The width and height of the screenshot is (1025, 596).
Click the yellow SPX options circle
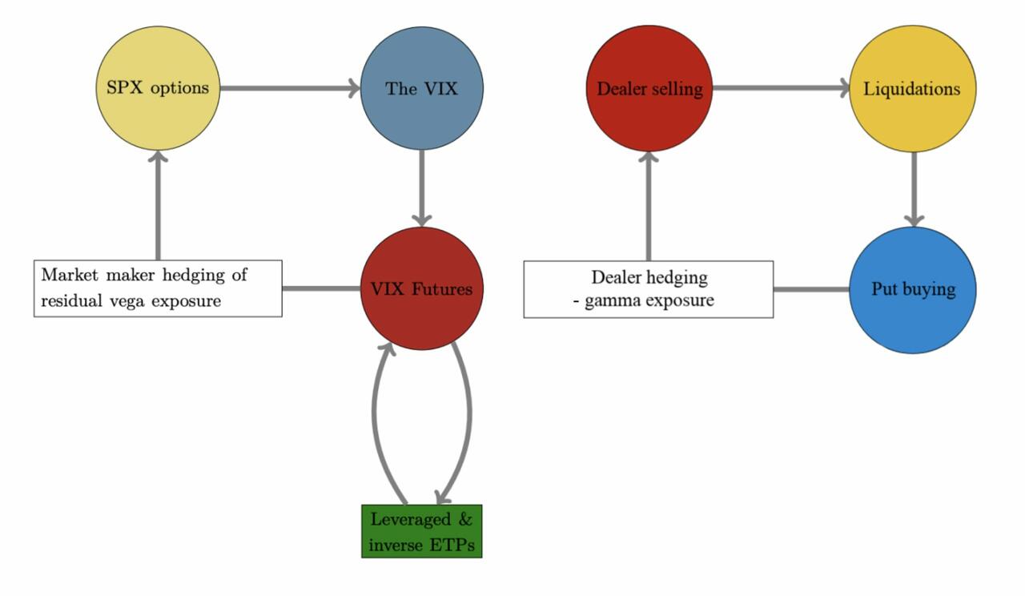[158, 88]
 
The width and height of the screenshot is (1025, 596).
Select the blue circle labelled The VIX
[421, 88]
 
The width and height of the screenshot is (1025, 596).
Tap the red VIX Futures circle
[422, 288]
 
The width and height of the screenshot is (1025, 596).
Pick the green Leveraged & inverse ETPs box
[421, 531]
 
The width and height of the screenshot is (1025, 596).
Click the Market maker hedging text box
[158, 288]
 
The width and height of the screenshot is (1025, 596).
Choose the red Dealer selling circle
[649, 88]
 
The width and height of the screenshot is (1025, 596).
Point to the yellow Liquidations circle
[912, 88]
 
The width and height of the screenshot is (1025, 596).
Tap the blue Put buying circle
[912, 289]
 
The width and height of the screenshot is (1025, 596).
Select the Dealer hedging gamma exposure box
[649, 289]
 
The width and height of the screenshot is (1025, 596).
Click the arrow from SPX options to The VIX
[288, 88]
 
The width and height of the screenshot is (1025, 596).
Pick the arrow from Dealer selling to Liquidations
[781, 88]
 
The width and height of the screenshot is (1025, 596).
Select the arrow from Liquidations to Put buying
[913, 189]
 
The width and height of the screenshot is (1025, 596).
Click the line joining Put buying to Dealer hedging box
[810, 289]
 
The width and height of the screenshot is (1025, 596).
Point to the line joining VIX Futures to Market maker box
[320, 288]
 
